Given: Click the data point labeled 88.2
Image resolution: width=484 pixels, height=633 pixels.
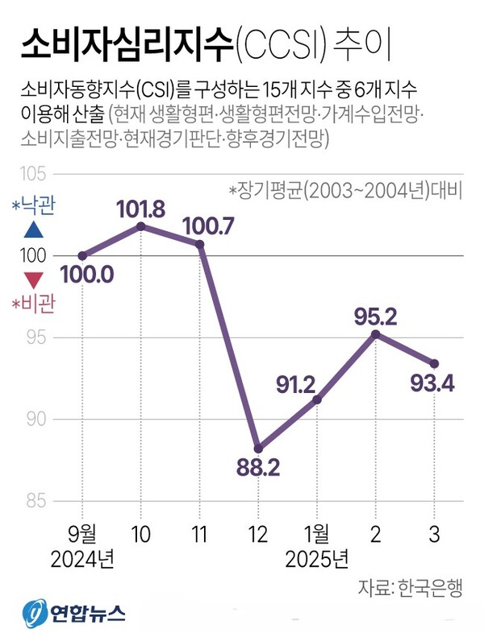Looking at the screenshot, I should pos(258,448).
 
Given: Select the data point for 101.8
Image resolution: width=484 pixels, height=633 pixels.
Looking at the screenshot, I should pos(141,226).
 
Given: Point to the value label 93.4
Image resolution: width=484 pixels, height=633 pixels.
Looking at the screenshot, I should pos(432,383).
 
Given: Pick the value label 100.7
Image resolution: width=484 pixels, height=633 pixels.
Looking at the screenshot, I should pos(208,225).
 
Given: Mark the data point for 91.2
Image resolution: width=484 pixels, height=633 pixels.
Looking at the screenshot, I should pos(317,399).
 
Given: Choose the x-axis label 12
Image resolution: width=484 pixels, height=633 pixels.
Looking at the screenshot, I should pos(258,532).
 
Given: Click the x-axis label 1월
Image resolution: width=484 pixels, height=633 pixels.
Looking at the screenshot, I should pos(317,532).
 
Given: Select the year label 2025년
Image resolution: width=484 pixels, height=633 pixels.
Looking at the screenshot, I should pos(317,557).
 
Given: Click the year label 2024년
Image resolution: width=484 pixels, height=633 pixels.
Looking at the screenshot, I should pos(82,557).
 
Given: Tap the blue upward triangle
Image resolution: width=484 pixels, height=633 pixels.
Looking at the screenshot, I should pos(33,230).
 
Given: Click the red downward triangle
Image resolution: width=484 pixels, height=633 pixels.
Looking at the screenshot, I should pos(33,281).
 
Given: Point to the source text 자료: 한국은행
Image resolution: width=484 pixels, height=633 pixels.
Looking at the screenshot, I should pos(410,587).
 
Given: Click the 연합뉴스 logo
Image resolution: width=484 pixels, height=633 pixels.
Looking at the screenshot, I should pos(73,614).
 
